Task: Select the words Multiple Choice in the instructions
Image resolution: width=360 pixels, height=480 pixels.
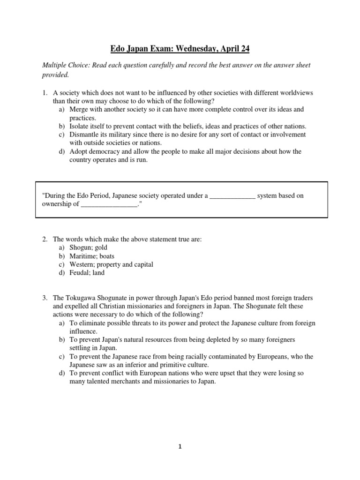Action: click(65, 66)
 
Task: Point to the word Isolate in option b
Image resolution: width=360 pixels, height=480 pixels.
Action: click(80, 126)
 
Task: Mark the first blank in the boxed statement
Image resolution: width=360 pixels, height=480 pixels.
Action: click(232, 196)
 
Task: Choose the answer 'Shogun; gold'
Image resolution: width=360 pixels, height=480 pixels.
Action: click(88, 247)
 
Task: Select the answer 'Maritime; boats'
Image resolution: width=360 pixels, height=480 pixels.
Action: click(92, 256)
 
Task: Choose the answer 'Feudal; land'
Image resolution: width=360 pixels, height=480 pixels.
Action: click(87, 273)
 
